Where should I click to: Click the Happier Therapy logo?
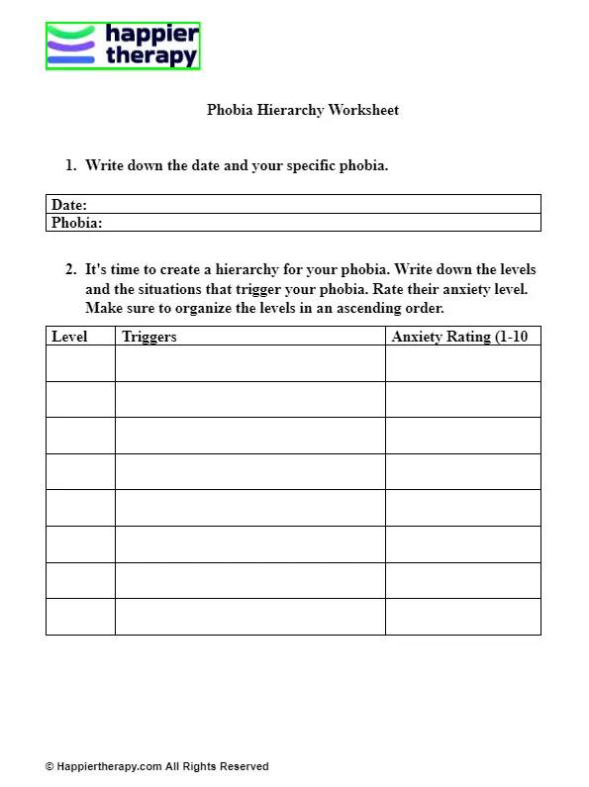click(123, 47)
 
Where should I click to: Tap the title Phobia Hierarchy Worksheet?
click(302, 110)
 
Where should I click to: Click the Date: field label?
click(69, 205)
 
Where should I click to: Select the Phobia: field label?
click(77, 223)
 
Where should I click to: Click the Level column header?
click(69, 337)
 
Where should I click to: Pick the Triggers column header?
click(149, 337)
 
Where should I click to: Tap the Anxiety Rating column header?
click(459, 337)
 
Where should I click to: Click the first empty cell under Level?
click(80, 363)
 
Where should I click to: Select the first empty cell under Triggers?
click(249, 363)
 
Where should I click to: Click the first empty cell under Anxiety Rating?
click(462, 363)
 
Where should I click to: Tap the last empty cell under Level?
click(80, 617)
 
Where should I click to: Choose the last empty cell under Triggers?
click(249, 617)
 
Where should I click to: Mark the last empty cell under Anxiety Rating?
click(462, 617)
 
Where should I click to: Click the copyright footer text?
click(156, 766)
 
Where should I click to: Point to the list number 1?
click(70, 165)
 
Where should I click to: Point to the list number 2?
click(70, 269)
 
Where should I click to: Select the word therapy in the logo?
click(151, 57)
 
